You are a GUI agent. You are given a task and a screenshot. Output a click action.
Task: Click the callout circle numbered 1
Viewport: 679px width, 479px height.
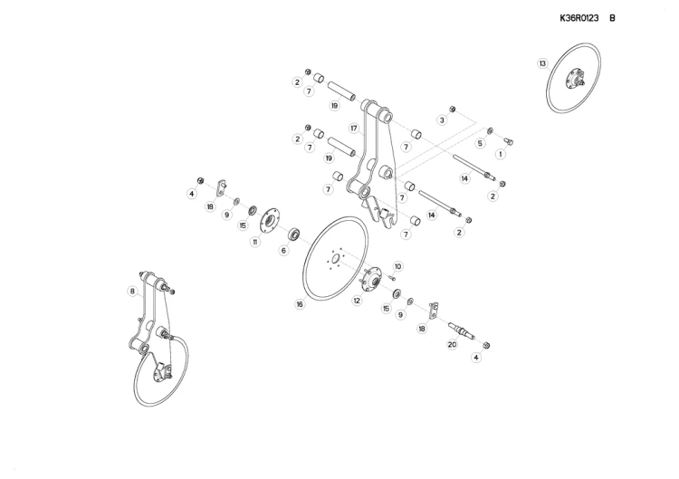(x=501, y=154)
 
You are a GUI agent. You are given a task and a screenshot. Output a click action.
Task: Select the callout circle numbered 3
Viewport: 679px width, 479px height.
(x=442, y=120)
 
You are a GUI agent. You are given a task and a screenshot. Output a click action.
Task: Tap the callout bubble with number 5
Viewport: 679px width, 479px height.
(x=480, y=143)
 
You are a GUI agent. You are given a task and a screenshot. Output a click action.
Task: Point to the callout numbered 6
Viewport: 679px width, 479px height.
(x=283, y=250)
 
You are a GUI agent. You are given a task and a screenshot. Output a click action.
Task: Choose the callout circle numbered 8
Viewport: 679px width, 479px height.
(x=132, y=291)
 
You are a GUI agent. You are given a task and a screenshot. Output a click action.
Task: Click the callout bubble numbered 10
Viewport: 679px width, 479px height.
(x=398, y=266)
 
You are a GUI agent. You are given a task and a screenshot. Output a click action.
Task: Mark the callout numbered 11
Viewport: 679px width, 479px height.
(x=255, y=242)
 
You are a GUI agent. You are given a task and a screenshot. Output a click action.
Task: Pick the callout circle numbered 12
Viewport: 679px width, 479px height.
(x=357, y=300)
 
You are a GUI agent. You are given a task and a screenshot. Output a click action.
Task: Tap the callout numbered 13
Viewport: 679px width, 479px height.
(x=542, y=63)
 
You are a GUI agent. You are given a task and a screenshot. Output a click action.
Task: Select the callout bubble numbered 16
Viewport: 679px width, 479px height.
(x=300, y=304)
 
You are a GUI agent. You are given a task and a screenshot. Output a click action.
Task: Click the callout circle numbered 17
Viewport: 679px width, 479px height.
(x=354, y=129)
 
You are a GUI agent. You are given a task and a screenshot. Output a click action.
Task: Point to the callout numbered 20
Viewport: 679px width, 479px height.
(x=452, y=345)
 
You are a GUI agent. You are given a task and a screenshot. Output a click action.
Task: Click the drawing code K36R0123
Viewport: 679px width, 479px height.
(x=579, y=18)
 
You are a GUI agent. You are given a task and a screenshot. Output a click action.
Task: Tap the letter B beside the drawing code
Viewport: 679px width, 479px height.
(x=612, y=18)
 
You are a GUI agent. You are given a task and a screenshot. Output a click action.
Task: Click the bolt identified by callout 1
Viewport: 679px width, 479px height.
(x=509, y=140)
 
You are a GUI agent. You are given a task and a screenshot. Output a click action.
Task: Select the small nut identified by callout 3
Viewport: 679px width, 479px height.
(x=452, y=109)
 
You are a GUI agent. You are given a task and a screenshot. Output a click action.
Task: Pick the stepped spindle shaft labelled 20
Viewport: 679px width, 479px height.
(x=461, y=331)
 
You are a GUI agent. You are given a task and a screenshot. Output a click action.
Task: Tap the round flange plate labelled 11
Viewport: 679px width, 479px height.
(x=270, y=219)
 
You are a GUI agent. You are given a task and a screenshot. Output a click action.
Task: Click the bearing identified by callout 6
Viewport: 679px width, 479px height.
(x=295, y=234)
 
